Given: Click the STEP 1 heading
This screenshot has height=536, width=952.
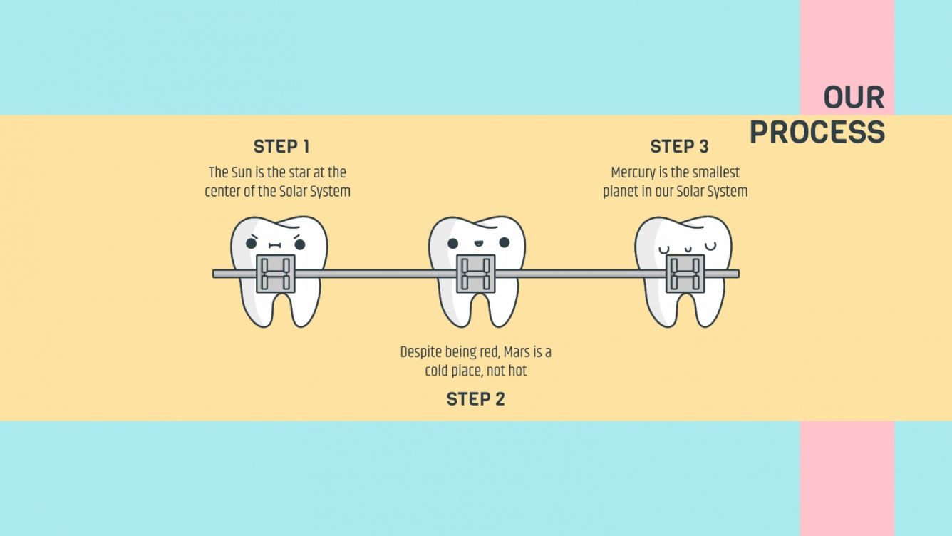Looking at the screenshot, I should point(281,147).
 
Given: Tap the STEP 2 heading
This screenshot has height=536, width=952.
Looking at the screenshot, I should point(475,399).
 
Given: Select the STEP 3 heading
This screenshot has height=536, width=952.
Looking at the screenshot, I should point(679,147).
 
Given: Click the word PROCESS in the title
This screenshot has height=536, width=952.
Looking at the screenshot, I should point(817,133).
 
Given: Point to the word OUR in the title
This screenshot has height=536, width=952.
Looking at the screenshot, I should point(854,98).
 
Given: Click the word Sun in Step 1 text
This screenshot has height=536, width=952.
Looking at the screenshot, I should point(242,173).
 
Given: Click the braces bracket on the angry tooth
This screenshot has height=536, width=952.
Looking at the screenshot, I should point(276,273).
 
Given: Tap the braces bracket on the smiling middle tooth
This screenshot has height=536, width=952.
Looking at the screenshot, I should point(475,273).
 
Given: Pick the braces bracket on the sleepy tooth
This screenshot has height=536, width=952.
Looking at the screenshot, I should point(685,273).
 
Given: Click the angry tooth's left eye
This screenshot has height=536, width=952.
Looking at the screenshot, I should point(252,244).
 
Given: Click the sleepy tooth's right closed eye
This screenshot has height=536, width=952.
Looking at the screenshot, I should point(710,247).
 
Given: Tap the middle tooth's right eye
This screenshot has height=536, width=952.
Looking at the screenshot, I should point(505,242).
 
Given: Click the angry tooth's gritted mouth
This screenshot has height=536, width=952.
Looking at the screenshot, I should point(276,245).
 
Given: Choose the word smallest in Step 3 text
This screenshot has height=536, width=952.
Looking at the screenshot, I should point(716,173).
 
